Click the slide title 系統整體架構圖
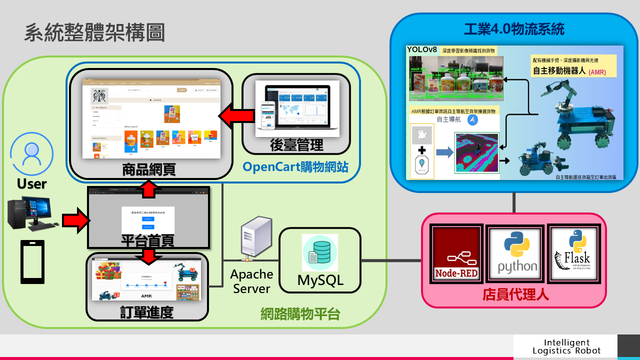[x=94, y=33]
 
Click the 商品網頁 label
[x=148, y=169]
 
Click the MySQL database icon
[x=319, y=253]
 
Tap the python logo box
[x=517, y=253]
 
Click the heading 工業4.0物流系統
[x=514, y=29]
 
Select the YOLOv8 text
[x=422, y=49]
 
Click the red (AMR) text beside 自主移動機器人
[x=597, y=72]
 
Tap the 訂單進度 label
[x=146, y=312]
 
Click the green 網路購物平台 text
[x=300, y=314]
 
